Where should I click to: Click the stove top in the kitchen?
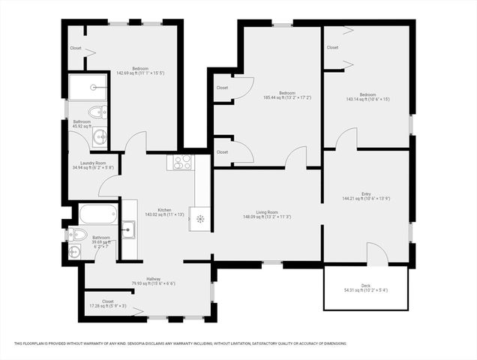point(183,161)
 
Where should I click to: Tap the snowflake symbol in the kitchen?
point(200,219)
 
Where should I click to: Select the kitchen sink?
point(129,228)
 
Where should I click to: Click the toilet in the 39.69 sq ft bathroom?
point(76,235)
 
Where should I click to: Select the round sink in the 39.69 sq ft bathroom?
point(74,251)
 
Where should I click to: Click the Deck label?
point(366,286)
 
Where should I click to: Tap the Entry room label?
point(366,195)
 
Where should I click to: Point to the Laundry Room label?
point(88,163)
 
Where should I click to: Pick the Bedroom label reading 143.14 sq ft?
point(366,94)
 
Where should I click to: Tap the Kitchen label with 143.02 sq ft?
point(163,210)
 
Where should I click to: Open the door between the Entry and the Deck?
point(377,255)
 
